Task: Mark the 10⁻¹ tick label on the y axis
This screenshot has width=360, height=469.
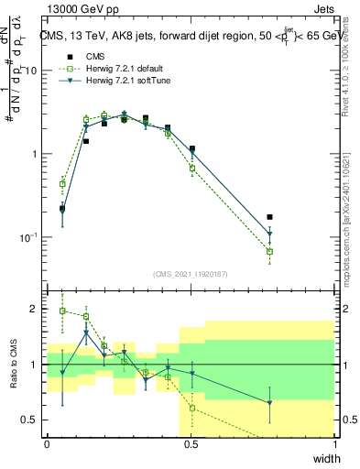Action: [30, 237]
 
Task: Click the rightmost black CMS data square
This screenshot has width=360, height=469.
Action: [269, 217]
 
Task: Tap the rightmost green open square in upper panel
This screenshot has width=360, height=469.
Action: [269, 251]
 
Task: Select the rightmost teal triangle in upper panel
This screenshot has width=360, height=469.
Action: [269, 234]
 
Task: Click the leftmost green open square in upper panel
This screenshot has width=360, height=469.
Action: [62, 183]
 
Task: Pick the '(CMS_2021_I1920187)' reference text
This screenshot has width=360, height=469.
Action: [191, 274]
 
